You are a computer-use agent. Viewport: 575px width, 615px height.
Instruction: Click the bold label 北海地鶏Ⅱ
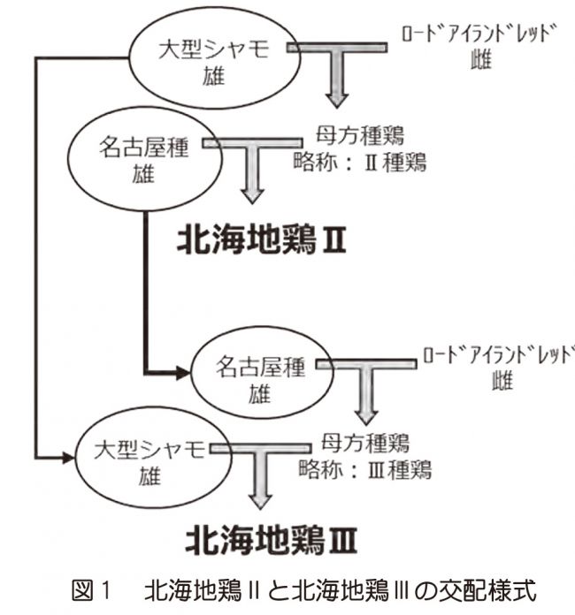pyautogui.click(x=262, y=240)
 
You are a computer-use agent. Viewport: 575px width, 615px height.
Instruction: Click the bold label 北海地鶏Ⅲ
pyautogui.click(x=271, y=541)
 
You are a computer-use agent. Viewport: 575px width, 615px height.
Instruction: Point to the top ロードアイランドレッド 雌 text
pyautogui.click(x=480, y=46)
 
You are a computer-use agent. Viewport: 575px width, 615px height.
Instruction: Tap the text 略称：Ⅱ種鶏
pyautogui.click(x=360, y=162)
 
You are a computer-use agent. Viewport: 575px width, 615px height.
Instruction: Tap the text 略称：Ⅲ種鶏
pyautogui.click(x=365, y=469)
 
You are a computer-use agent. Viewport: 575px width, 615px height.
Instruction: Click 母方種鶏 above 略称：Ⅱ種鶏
pyautogui.click(x=360, y=136)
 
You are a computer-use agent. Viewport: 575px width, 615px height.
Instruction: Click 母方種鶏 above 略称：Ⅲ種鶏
pyautogui.click(x=365, y=443)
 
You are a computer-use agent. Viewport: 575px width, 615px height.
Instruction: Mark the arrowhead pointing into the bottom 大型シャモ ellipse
pyautogui.click(x=68, y=458)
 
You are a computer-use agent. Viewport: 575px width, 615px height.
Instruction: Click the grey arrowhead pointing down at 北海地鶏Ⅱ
pyautogui.click(x=252, y=195)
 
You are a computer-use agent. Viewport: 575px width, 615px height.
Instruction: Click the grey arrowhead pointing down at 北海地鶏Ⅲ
pyautogui.click(x=260, y=502)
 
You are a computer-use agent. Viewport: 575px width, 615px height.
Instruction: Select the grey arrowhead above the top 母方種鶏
pyautogui.click(x=337, y=100)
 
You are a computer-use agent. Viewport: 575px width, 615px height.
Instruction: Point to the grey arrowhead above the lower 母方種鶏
pyautogui.click(x=366, y=417)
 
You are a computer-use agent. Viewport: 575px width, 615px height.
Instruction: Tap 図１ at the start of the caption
pyautogui.click(x=92, y=591)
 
